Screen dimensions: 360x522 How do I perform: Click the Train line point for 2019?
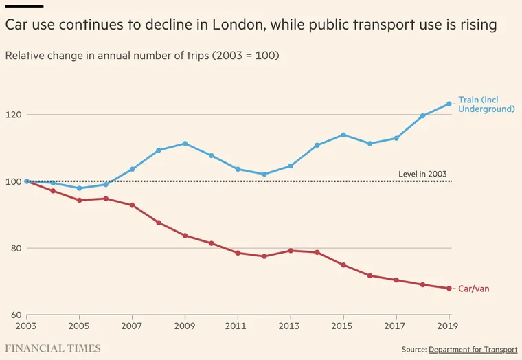[x=449, y=104]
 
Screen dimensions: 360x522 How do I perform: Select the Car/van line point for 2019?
[x=449, y=289]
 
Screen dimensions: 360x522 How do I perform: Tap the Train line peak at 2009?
[x=185, y=144]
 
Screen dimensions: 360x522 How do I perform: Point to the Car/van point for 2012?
[x=264, y=256]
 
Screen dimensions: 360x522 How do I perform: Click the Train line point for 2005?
[x=79, y=188]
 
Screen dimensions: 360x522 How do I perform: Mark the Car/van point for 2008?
[x=159, y=223]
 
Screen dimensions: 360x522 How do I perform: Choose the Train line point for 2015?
[x=343, y=135]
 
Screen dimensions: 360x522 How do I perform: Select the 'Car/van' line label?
[x=474, y=289]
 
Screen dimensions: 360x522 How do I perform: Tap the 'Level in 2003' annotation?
[x=423, y=174]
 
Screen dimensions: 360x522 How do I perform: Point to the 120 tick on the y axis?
[x=13, y=115]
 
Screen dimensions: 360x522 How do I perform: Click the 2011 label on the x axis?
[x=238, y=326]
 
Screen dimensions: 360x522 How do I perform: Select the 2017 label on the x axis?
[x=396, y=326]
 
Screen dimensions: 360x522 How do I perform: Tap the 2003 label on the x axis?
[x=26, y=326]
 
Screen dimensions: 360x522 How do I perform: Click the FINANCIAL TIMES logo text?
[x=53, y=348]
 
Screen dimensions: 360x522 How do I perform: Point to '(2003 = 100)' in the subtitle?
[x=245, y=56]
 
